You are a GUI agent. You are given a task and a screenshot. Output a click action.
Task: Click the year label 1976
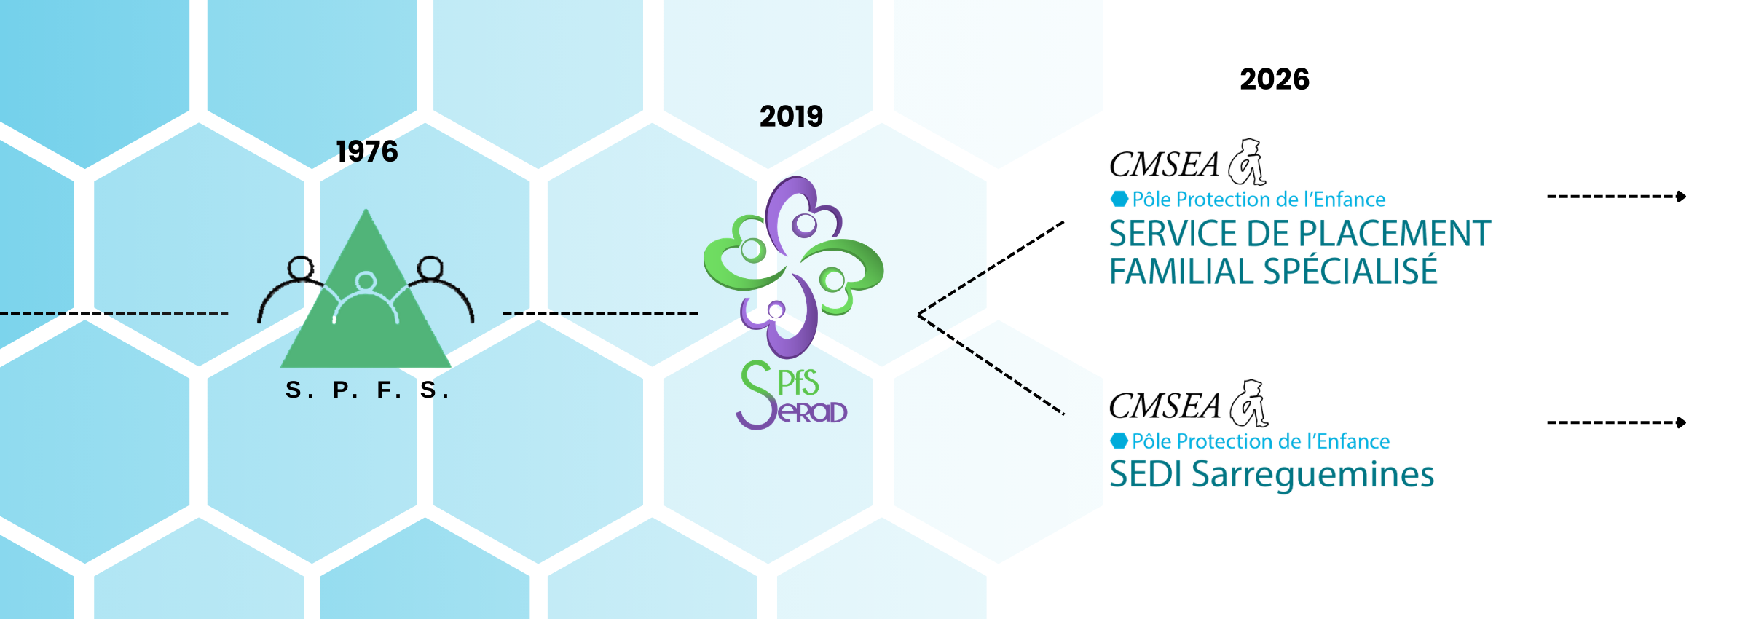[x=367, y=151]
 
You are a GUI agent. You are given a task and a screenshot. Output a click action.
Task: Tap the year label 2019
[x=791, y=117]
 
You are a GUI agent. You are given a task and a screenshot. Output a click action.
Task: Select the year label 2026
[x=1275, y=79]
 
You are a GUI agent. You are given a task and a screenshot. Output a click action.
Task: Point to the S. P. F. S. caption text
[x=367, y=390]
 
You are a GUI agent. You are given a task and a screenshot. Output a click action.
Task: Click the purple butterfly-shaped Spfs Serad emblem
[x=794, y=266]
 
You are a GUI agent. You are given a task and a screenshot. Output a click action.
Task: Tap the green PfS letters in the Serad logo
[x=798, y=383]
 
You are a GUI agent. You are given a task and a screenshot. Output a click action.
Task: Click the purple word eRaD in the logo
[x=813, y=412]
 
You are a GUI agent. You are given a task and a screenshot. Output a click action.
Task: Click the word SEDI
[x=1146, y=475]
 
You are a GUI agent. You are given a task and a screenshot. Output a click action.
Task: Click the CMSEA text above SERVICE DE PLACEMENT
[x=1164, y=165]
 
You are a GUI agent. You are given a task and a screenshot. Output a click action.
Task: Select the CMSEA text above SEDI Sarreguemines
[x=1164, y=406]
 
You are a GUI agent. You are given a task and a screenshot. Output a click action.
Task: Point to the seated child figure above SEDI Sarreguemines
[x=1250, y=403]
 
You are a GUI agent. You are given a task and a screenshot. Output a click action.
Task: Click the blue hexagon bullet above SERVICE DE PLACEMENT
[x=1119, y=199]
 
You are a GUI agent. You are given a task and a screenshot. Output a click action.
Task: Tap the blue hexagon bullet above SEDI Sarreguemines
[x=1119, y=441]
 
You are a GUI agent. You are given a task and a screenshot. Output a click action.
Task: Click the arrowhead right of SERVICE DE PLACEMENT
[x=1681, y=197]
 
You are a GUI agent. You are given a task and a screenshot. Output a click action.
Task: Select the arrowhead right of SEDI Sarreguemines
[x=1681, y=422]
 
